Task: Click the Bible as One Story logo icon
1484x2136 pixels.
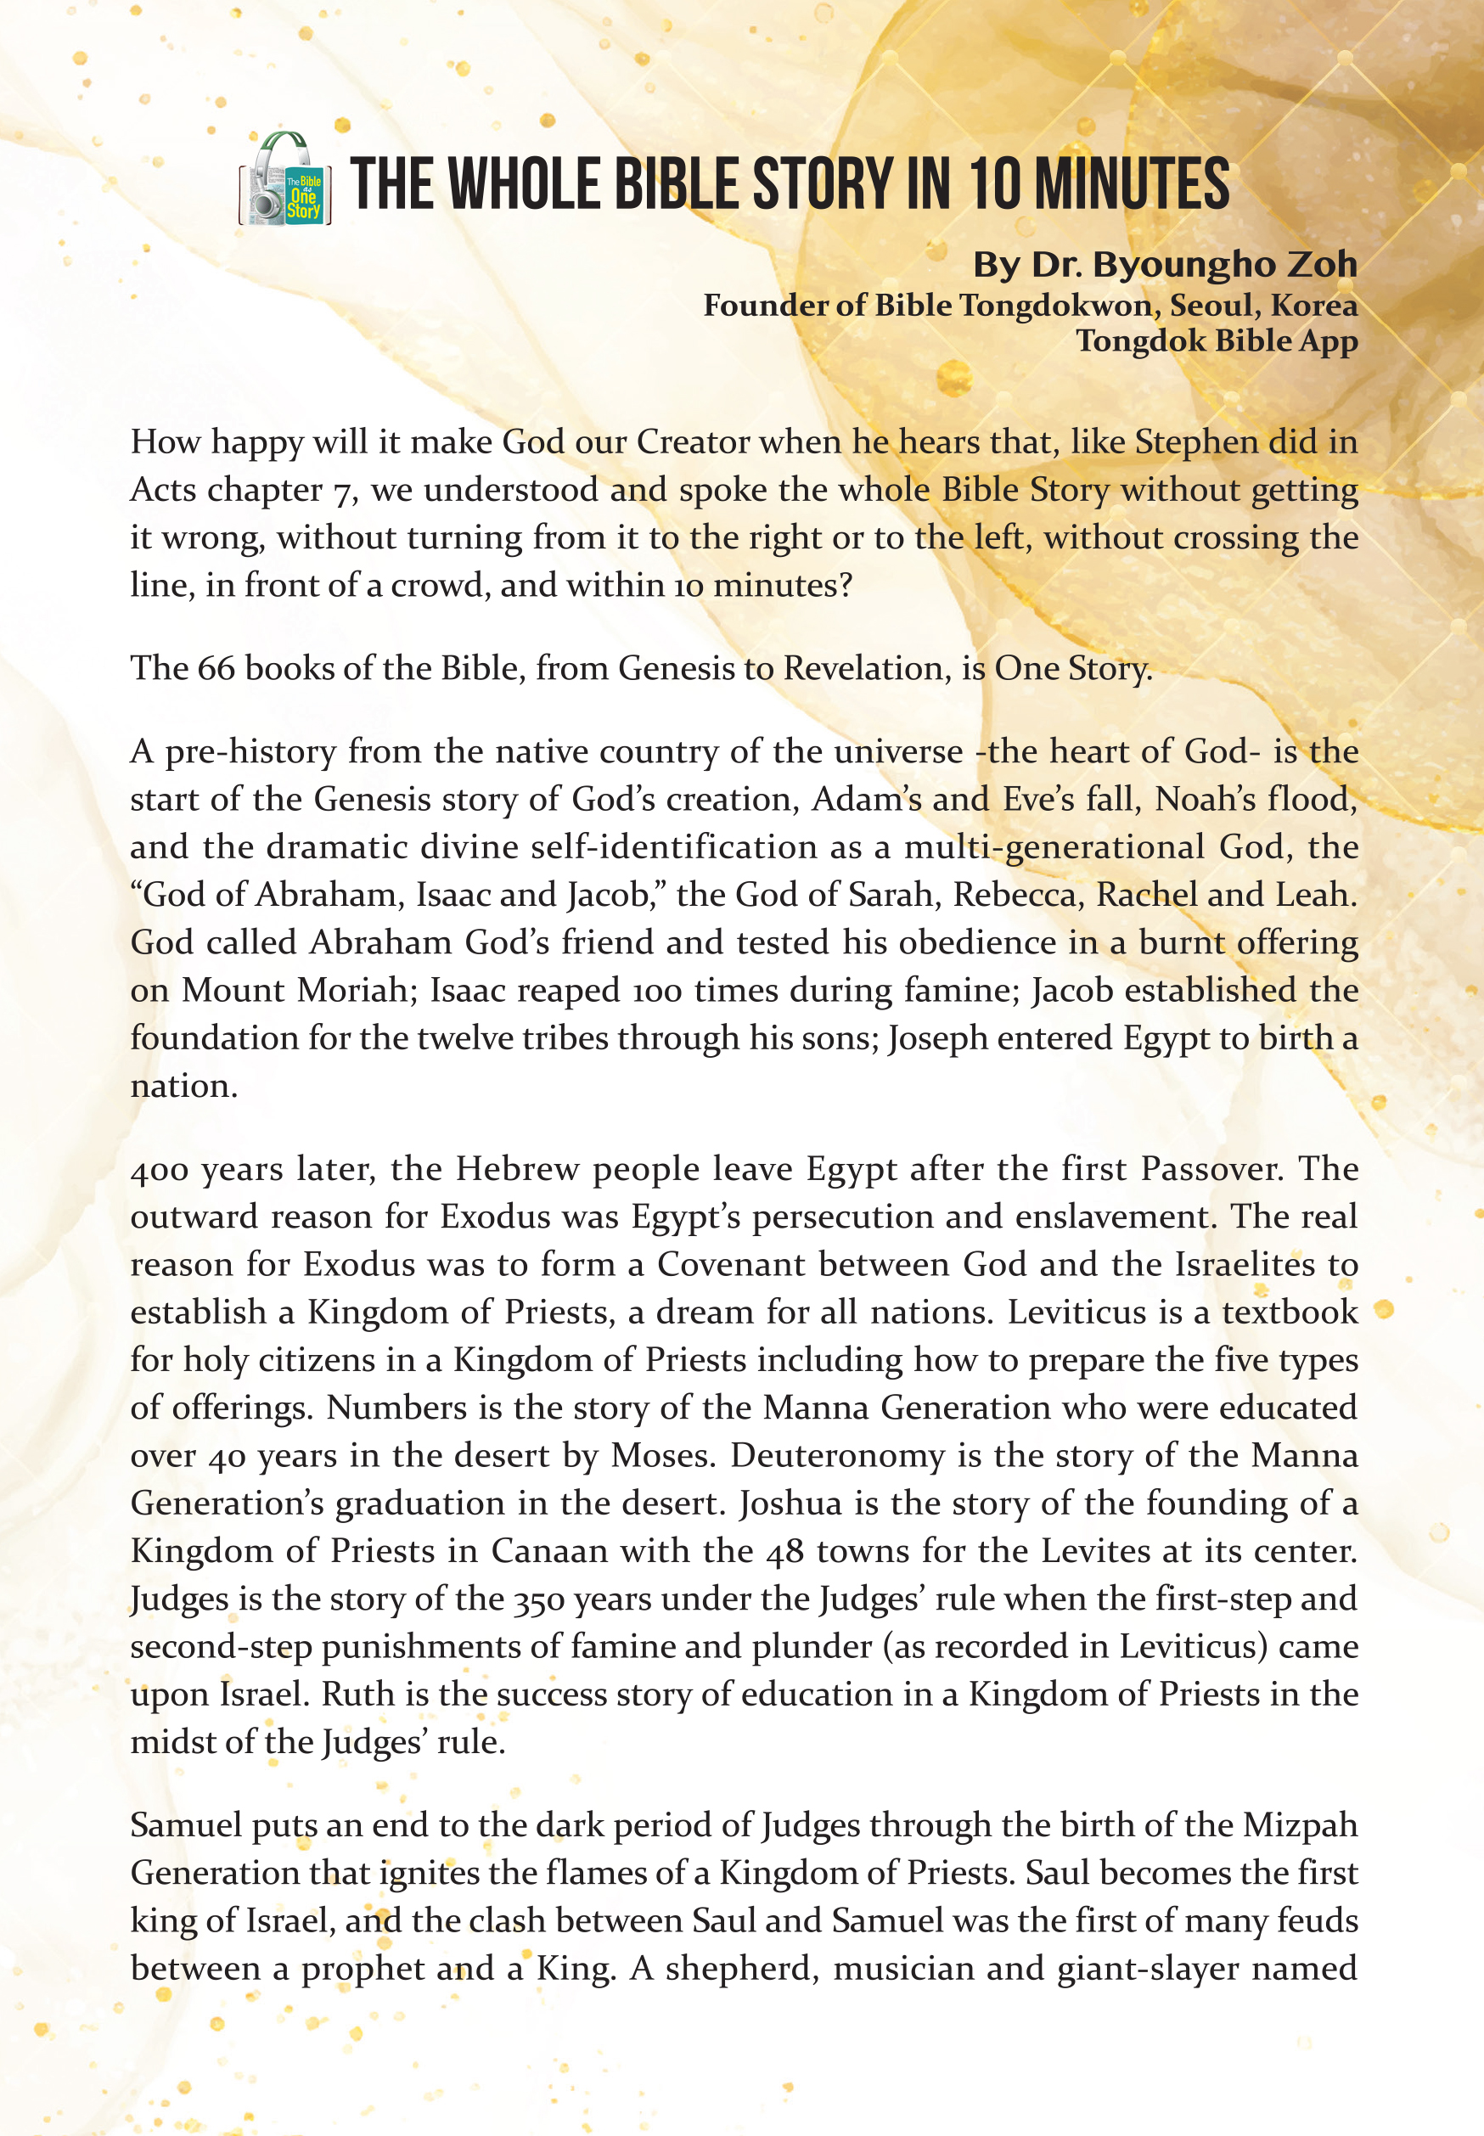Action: pos(286,179)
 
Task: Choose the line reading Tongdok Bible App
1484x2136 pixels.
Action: pos(1217,340)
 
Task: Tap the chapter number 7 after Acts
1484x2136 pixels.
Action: pos(341,491)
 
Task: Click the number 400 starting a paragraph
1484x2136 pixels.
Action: pos(160,1169)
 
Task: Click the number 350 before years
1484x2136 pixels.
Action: pos(537,1599)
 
